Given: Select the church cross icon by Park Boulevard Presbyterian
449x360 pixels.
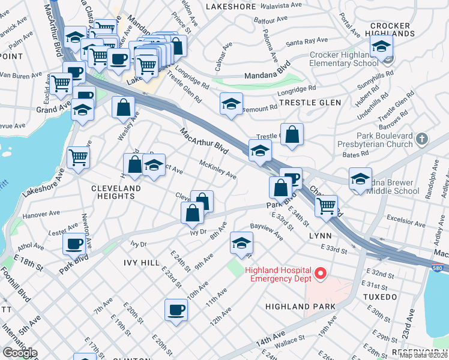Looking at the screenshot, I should [422, 139].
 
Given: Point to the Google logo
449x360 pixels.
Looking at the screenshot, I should [19, 353].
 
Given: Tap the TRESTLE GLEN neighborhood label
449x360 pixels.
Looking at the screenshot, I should [311, 103].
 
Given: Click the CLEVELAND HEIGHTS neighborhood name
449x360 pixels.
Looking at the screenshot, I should [116, 192].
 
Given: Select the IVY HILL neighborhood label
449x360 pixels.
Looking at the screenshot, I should [141, 263].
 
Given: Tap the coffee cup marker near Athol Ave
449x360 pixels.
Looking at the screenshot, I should [74, 244].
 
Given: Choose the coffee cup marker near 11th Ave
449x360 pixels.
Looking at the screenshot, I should [176, 310].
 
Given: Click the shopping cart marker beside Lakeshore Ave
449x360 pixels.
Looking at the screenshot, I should [79, 158].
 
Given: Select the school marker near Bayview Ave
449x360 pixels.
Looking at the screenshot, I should [241, 243].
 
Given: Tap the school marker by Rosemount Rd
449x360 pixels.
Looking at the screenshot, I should [231, 104].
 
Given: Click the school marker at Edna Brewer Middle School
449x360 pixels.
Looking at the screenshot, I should [360, 179].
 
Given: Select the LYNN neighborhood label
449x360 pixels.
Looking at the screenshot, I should [320, 236].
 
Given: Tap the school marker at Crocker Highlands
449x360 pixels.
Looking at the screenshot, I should [381, 46].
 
